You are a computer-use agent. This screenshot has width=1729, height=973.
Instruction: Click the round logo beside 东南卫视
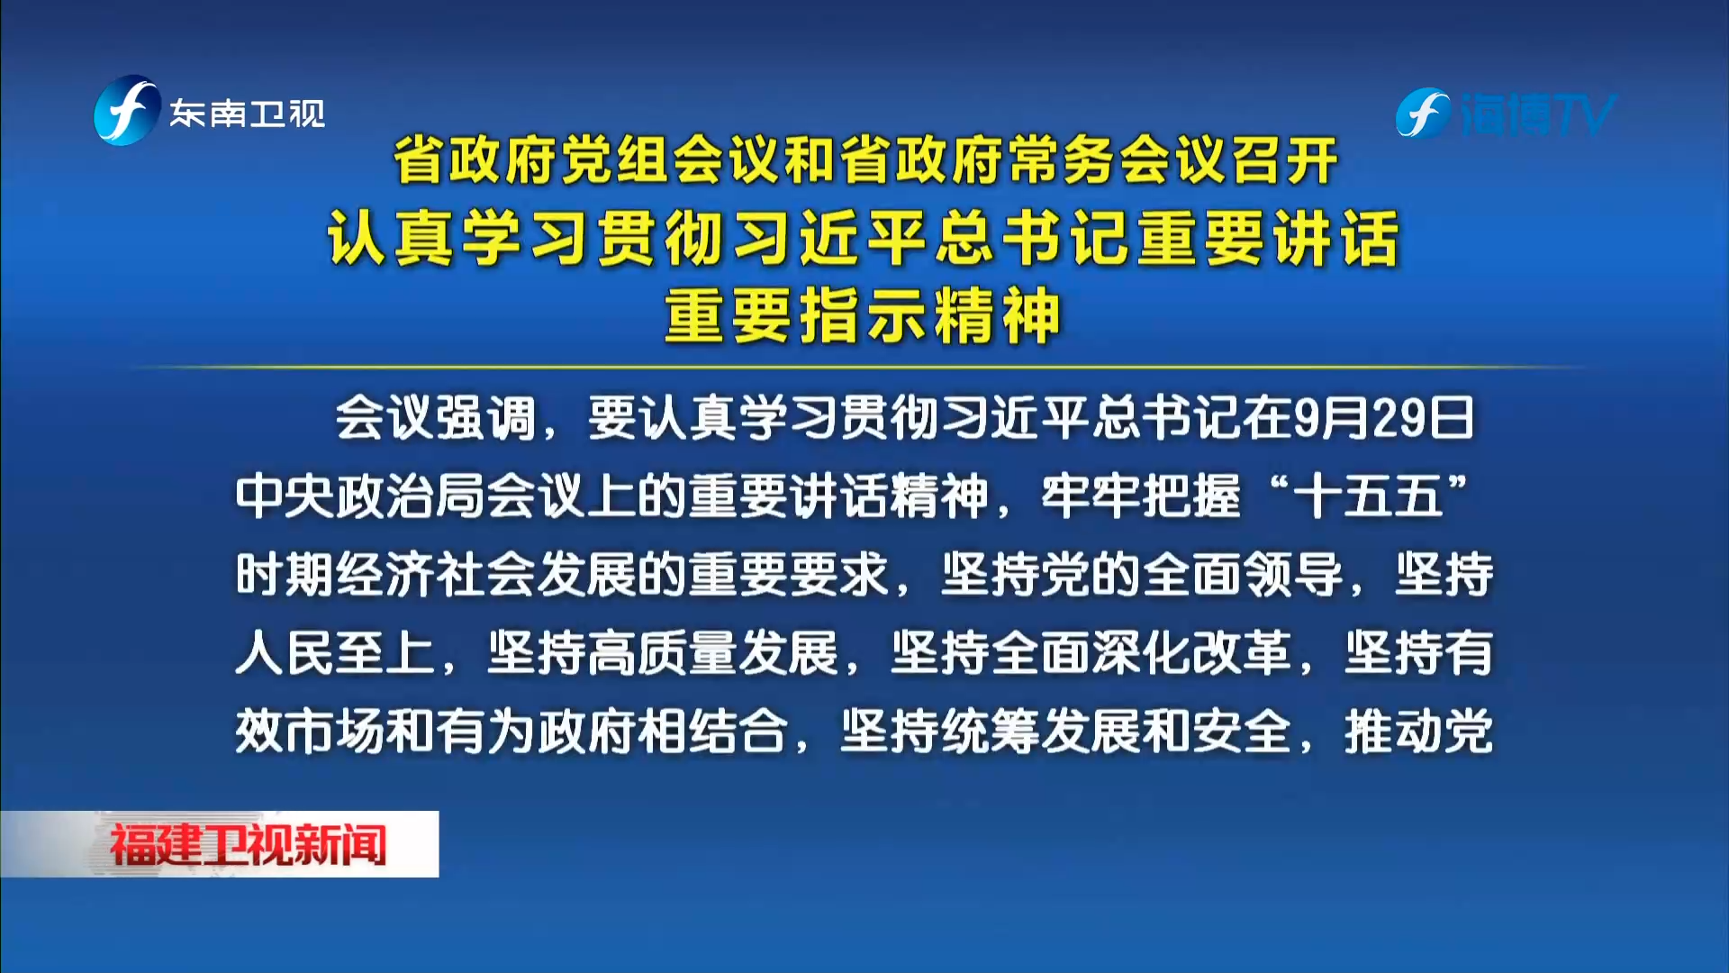(x=127, y=111)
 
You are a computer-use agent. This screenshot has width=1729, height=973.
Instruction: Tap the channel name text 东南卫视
(x=248, y=114)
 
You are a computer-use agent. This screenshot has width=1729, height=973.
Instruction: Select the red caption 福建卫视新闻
(x=249, y=844)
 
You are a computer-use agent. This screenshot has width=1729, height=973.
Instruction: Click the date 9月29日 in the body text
(x=1384, y=418)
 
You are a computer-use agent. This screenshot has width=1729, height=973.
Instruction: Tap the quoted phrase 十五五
(x=1368, y=496)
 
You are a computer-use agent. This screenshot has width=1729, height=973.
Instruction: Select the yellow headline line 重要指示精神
(x=863, y=315)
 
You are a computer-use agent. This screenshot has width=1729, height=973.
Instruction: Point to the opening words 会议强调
(x=436, y=418)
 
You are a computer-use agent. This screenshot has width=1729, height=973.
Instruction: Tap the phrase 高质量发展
(x=713, y=653)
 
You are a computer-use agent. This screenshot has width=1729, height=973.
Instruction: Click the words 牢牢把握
(x=1141, y=496)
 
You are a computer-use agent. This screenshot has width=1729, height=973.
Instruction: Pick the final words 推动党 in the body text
(x=1418, y=732)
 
